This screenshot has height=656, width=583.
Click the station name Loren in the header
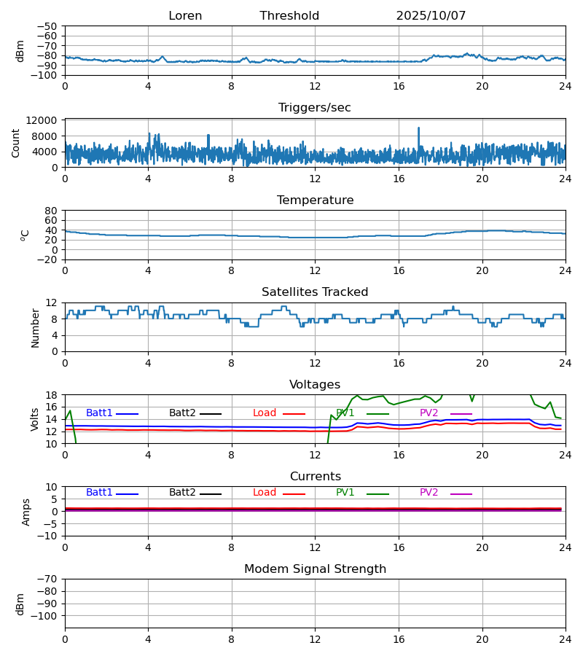[x=185, y=16]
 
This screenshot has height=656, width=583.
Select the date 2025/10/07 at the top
[x=431, y=16]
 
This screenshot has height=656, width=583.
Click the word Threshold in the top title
[x=289, y=16]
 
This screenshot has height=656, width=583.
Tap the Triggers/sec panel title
[x=315, y=108]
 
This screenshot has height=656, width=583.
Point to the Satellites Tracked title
[x=315, y=292]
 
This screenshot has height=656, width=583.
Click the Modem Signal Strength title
[x=315, y=569]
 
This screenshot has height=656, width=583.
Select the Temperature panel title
[x=315, y=200]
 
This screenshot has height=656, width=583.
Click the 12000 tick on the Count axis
[x=44, y=120]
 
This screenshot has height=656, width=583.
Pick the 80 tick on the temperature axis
[x=51, y=211]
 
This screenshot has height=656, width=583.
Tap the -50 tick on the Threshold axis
[x=48, y=26]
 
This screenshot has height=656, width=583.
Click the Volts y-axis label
[x=35, y=419]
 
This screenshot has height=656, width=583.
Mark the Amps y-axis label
[x=26, y=512]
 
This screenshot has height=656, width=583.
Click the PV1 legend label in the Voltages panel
[x=345, y=413]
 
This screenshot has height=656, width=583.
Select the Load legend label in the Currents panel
[x=265, y=493]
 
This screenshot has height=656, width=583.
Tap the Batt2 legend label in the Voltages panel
[x=182, y=413]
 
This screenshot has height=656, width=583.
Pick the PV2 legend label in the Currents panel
[x=429, y=493]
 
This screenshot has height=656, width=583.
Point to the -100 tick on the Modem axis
[x=45, y=616]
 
